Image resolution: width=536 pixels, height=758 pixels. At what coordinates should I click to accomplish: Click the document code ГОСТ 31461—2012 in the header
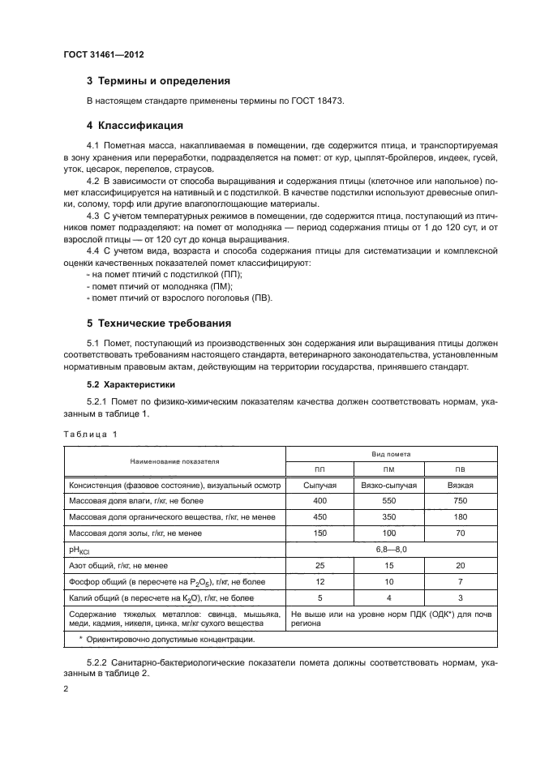[x=105, y=55]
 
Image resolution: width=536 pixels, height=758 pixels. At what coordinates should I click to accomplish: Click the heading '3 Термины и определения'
[x=158, y=81]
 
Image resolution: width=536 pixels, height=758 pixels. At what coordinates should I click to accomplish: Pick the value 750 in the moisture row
[x=460, y=501]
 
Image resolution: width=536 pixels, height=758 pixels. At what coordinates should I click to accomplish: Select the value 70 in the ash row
[x=460, y=533]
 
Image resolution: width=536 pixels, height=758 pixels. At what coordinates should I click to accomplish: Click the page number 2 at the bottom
[x=66, y=690]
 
